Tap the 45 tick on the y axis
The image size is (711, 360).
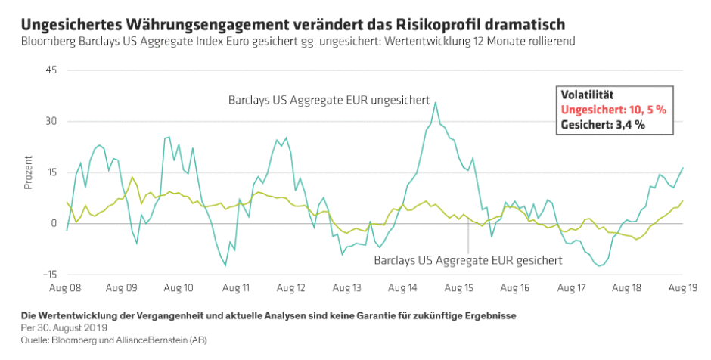click(51, 70)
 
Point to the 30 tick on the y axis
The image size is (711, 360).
click(51, 121)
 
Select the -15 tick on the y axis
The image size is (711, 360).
click(50, 275)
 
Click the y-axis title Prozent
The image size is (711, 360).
click(28, 172)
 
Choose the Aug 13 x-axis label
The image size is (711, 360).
click(347, 288)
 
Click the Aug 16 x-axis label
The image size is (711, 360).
click(515, 288)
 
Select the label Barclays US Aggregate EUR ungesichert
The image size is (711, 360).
click(329, 100)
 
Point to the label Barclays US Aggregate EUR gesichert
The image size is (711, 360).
click(468, 260)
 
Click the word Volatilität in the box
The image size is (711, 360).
click(586, 95)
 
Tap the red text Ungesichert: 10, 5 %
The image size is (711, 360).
click(613, 110)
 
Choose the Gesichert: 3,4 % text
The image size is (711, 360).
click(602, 125)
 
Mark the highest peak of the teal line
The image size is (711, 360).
click(435, 103)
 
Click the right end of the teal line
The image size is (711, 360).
click(683, 168)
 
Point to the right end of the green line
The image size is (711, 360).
click(683, 200)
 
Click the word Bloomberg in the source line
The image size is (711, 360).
click(71, 340)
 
